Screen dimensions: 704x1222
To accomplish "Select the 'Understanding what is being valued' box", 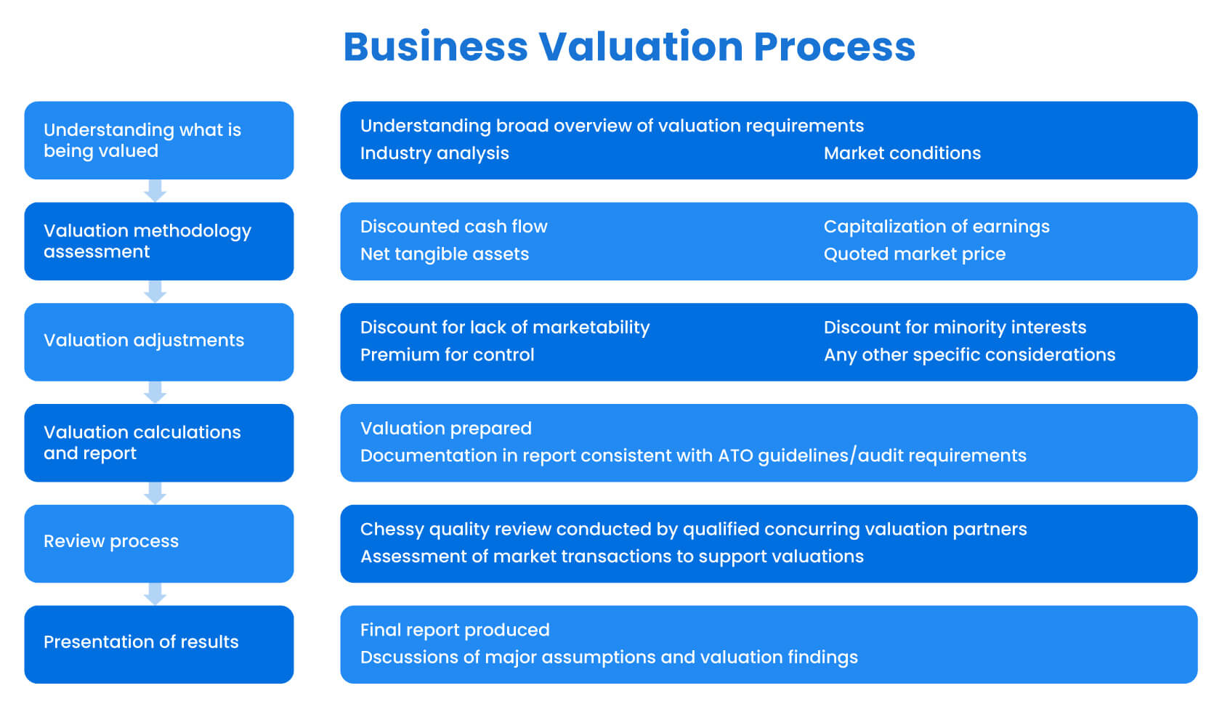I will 158,140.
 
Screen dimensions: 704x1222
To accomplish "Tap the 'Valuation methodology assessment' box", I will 158,241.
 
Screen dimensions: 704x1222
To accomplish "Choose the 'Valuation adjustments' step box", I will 158,341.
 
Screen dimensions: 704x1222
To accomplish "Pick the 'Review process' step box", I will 158,543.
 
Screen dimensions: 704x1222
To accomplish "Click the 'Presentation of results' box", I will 158,644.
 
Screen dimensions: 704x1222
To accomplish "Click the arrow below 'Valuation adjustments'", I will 155,392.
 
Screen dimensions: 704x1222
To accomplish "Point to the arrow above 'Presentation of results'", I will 155,594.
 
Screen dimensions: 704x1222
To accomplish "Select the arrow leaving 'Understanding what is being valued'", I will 155,190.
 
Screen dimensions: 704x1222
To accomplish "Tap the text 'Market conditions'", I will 902,153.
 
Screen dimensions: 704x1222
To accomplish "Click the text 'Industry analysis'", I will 434,153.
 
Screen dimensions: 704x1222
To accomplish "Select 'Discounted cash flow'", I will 453,227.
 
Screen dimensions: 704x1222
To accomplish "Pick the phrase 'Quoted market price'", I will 914,254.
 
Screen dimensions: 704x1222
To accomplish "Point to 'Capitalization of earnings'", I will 936,227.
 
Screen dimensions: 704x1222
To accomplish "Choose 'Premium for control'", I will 447,355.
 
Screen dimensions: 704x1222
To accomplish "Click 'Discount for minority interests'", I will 955,328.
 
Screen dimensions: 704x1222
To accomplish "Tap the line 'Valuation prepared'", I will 445,429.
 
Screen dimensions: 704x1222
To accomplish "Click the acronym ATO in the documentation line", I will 735,456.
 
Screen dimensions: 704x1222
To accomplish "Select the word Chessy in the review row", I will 392,530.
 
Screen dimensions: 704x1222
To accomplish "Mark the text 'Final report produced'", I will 455,630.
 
